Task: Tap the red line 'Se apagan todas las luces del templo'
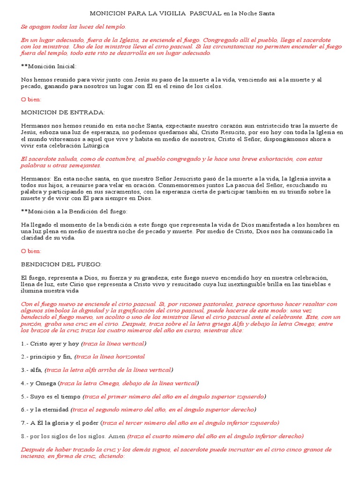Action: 73,27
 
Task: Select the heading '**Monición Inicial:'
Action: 49,67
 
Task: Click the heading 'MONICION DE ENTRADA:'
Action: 63,112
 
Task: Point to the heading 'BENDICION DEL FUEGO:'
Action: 61,264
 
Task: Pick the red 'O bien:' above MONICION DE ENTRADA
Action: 31,99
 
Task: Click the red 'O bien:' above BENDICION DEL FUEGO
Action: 31,251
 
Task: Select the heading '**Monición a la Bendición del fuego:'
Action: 74,211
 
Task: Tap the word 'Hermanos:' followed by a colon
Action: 36,179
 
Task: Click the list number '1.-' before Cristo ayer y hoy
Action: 25,344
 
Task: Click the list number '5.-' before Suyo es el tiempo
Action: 25,397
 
